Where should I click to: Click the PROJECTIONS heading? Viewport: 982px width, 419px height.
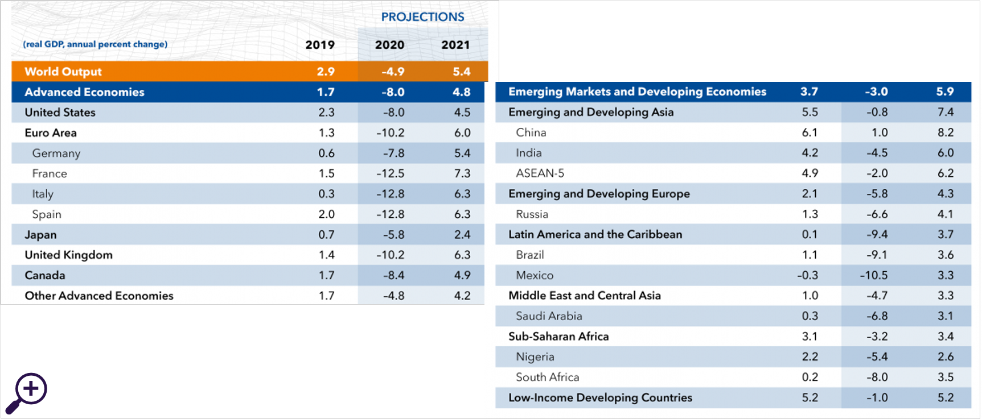click(x=422, y=17)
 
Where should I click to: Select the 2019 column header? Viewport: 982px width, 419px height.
click(x=320, y=45)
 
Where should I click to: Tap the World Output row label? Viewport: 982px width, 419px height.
click(x=63, y=72)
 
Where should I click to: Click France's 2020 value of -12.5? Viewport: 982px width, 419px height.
click(x=391, y=173)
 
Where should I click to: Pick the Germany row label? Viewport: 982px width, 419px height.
click(x=56, y=153)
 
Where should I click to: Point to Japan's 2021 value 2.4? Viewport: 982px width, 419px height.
click(x=462, y=235)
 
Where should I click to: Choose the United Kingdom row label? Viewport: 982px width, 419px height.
click(x=69, y=255)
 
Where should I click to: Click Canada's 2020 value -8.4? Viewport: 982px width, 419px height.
click(x=393, y=275)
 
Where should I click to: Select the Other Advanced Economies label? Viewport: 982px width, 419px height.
click(x=99, y=296)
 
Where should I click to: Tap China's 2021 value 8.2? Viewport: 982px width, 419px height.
click(x=946, y=132)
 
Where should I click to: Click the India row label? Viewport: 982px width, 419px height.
click(x=529, y=153)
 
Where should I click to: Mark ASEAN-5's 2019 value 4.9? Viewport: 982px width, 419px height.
click(x=810, y=173)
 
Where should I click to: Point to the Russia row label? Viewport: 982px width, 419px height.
click(x=532, y=214)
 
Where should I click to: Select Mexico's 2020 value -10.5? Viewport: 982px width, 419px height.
click(x=874, y=275)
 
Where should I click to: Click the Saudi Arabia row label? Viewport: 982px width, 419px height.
click(x=549, y=316)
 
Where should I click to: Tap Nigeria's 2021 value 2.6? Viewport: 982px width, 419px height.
click(x=946, y=357)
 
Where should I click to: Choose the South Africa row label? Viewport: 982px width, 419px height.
click(x=548, y=377)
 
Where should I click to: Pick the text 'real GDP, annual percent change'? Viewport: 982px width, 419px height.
click(x=95, y=44)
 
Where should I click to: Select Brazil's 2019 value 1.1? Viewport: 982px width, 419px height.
click(x=810, y=255)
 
